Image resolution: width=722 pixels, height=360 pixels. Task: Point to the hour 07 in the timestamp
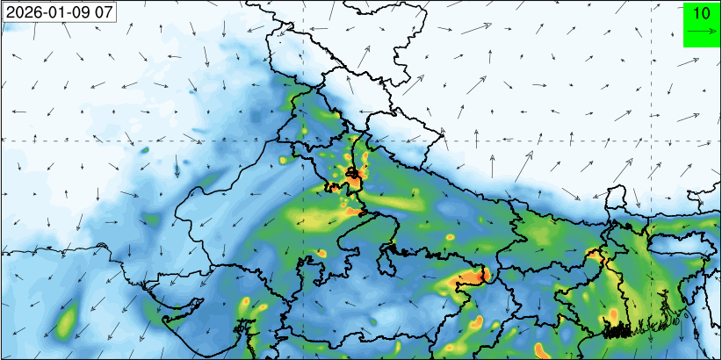point(105,12)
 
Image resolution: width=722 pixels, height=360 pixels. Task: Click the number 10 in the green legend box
point(701,13)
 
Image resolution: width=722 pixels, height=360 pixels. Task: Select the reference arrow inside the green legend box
point(701,32)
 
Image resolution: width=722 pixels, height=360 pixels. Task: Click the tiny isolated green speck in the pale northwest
point(145,150)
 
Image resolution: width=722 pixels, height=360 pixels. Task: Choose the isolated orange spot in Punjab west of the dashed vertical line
point(285,161)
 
